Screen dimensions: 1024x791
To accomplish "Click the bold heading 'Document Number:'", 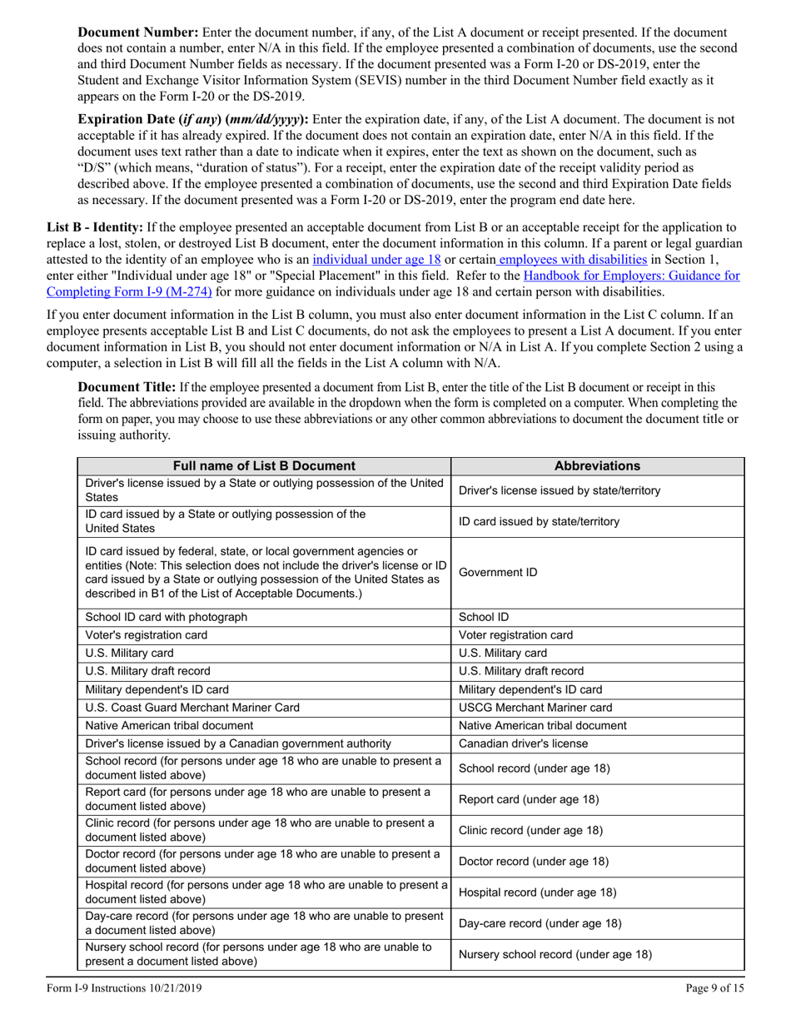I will pyautogui.click(x=137, y=32).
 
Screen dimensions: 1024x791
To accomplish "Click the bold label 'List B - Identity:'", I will pyautogui.click(x=94, y=227).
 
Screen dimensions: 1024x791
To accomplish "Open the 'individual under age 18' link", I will pyautogui.click(x=376, y=259).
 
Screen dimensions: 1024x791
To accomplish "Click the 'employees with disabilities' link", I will pyautogui.click(x=573, y=259).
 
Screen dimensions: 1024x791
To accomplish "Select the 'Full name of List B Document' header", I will pyautogui.click(x=263, y=466).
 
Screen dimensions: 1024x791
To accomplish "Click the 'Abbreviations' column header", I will pyautogui.click(x=597, y=466).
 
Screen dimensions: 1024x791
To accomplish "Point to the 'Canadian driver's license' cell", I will pyautogui.click(x=524, y=743).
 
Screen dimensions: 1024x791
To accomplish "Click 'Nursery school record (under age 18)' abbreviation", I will pyautogui.click(x=555, y=955).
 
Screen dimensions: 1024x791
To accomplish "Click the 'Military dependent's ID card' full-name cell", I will pyautogui.click(x=157, y=689).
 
